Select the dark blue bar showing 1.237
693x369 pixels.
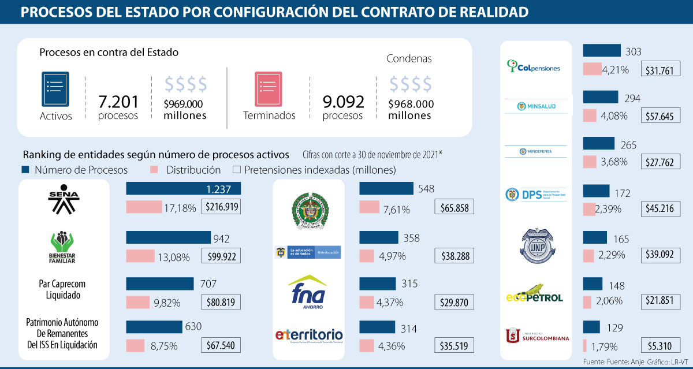click(x=183, y=188)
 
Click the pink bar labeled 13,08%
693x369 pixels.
click(x=140, y=256)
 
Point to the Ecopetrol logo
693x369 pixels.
click(x=534, y=294)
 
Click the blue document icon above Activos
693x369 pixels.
click(x=55, y=89)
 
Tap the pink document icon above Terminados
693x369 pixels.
click(x=268, y=89)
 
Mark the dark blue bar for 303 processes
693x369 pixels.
click(x=602, y=51)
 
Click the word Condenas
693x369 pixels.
click(x=409, y=58)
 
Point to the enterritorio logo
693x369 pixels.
click(x=309, y=336)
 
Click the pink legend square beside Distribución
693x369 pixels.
click(x=154, y=170)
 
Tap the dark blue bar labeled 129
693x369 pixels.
click(x=592, y=327)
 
